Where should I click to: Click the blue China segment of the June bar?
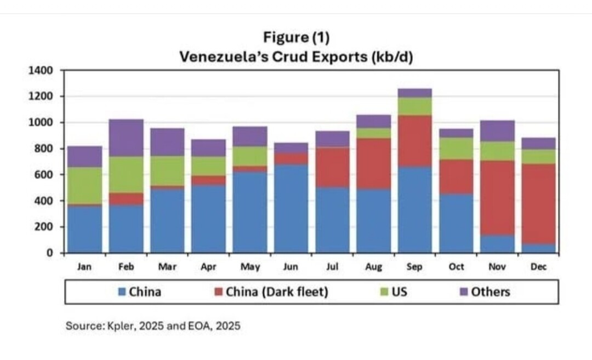(291, 208)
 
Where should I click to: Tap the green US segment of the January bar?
(84, 186)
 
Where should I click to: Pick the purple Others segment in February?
(126, 138)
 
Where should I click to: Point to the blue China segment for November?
(498, 244)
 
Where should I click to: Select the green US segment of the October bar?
(456, 148)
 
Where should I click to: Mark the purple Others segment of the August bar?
(373, 122)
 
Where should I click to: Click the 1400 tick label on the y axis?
(42, 70)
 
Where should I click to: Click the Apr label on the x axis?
(208, 267)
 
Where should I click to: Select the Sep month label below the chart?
(415, 267)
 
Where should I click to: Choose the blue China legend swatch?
(122, 292)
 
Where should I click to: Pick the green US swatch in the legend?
(385, 292)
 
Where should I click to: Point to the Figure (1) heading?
(296, 38)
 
